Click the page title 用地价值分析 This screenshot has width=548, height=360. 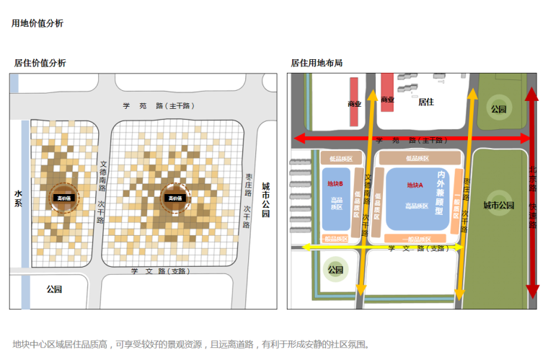tap(37, 23)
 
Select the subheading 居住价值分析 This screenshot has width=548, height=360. tap(40, 63)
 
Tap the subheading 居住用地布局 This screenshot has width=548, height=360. tap(317, 63)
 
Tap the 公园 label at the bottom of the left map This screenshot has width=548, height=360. tap(54, 289)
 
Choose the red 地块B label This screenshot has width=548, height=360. tap(335, 183)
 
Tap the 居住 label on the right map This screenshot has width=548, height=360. tap(426, 102)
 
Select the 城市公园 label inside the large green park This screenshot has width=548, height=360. tap(498, 206)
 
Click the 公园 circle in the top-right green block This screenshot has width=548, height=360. tap(498, 110)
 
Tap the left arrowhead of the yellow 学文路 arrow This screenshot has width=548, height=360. tap(304, 247)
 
